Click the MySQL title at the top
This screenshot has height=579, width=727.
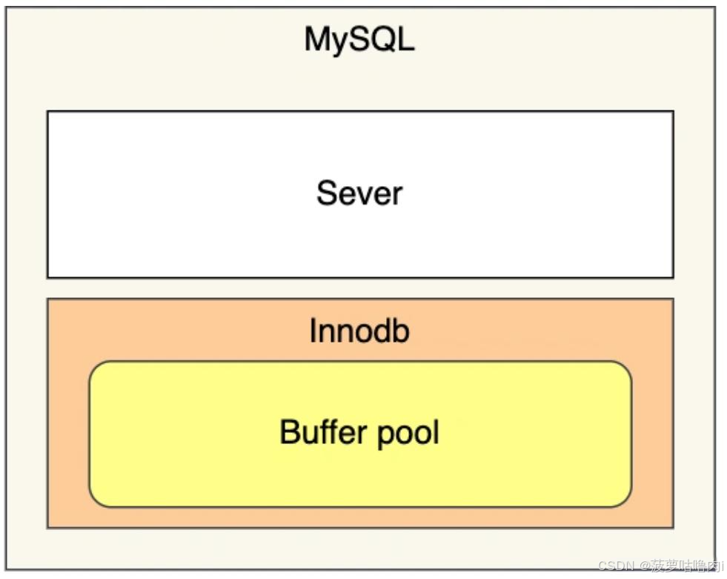(359, 40)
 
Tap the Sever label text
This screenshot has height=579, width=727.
(359, 193)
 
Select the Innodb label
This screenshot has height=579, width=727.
(359, 331)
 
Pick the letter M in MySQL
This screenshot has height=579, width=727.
(316, 40)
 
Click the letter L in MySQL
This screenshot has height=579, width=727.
(407, 40)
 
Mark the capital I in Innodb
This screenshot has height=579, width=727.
(313, 331)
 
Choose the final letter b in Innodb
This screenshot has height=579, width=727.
(401, 331)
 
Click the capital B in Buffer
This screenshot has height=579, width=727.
(289, 431)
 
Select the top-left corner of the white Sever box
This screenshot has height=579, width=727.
(48, 112)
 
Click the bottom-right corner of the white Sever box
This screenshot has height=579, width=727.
(673, 277)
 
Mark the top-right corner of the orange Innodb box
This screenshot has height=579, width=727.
(673, 300)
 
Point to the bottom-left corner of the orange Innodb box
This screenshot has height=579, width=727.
(48, 527)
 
